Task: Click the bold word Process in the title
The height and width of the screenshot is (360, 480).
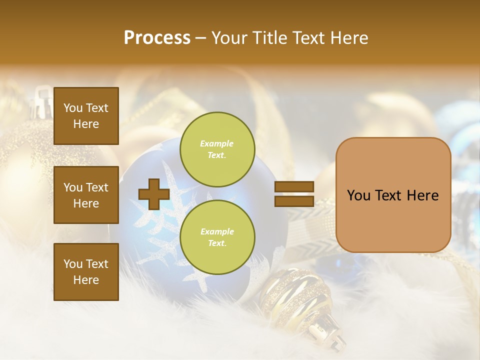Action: [x=157, y=38]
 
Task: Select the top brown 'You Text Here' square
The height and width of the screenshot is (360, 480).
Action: [x=86, y=116]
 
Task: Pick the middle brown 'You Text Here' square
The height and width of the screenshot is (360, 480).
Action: [x=86, y=195]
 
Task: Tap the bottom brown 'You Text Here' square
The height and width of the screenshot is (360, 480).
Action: [x=86, y=272]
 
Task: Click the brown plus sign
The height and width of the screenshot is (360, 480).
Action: [x=154, y=194]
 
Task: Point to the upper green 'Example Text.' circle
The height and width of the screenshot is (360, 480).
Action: [x=217, y=149]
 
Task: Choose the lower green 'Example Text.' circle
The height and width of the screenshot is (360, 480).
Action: [x=217, y=237]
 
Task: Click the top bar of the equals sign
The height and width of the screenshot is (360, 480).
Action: [x=294, y=187]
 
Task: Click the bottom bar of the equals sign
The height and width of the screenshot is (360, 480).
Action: [x=294, y=201]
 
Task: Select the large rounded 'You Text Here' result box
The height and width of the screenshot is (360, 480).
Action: [x=393, y=195]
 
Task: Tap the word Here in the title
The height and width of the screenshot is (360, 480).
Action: [x=348, y=38]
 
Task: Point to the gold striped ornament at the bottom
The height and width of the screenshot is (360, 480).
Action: [x=295, y=295]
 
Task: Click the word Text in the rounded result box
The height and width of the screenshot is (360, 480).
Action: [x=392, y=195]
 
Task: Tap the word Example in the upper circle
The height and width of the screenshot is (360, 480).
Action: [x=216, y=143]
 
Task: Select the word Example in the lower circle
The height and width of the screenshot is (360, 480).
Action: [x=217, y=231]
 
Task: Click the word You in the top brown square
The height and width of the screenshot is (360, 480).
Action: [x=72, y=108]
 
